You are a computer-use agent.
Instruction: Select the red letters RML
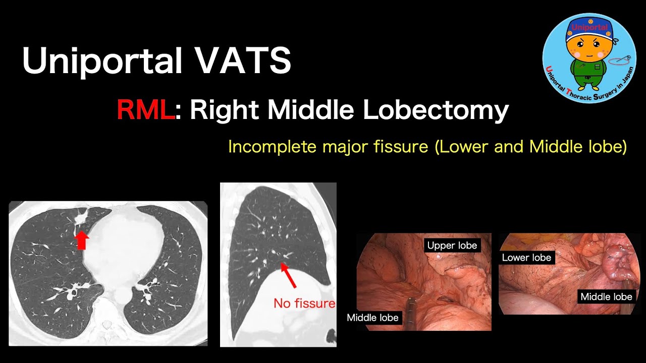click(145, 110)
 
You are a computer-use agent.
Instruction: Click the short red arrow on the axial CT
click(81, 240)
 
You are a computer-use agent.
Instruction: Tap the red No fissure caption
click(304, 304)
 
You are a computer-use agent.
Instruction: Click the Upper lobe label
click(452, 246)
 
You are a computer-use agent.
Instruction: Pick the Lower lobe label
click(526, 258)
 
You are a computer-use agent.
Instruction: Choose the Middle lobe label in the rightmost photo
click(606, 296)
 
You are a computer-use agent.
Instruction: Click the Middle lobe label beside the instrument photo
click(372, 317)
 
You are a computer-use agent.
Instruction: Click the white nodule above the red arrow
click(80, 219)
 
